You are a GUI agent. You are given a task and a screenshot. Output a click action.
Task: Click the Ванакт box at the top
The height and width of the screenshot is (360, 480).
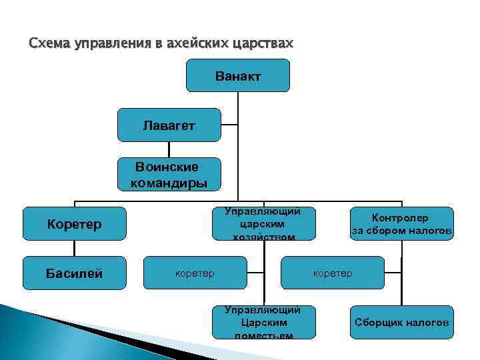[x=238, y=75]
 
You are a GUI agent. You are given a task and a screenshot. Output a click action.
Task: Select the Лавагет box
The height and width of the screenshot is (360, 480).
[x=169, y=125]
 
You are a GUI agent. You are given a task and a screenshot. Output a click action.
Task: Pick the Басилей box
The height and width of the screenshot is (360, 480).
[x=74, y=273]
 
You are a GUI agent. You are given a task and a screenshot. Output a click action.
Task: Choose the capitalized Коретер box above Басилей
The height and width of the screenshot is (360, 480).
[x=74, y=223]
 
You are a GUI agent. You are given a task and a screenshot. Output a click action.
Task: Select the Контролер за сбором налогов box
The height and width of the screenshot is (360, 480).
[x=402, y=224]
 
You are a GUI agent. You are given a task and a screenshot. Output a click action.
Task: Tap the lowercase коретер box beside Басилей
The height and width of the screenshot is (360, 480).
[x=195, y=273]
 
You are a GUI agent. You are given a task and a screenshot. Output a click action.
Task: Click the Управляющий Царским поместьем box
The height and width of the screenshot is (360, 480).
[x=263, y=322]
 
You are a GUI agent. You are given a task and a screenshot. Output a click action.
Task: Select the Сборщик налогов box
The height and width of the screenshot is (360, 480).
[x=402, y=322]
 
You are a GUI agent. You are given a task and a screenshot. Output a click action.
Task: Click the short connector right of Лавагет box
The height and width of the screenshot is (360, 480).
[x=229, y=125]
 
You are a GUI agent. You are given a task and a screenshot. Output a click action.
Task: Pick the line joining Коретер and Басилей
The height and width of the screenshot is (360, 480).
[x=74, y=248]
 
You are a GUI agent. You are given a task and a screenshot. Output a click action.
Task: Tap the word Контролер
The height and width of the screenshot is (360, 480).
[x=400, y=218]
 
